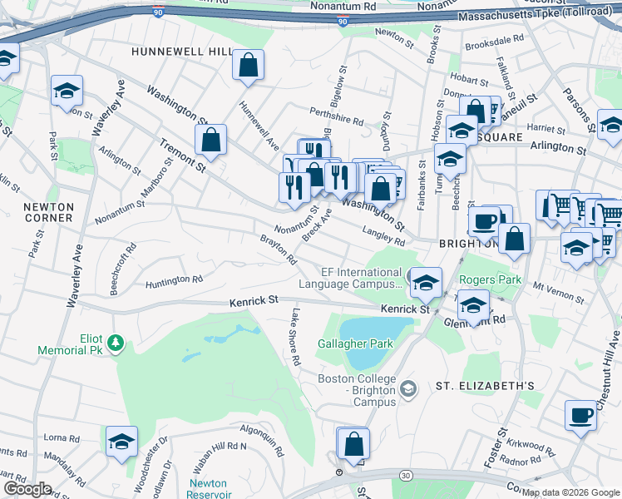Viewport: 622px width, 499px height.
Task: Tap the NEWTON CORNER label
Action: pos(48,212)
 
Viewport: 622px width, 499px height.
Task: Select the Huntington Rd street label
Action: pos(174,281)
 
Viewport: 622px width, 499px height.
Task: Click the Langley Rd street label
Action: pos(383,236)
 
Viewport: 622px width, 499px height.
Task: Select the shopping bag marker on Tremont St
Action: pos(211,140)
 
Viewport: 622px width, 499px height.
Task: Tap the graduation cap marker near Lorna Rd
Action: pos(121,442)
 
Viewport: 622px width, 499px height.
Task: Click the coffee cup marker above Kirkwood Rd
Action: pos(580,414)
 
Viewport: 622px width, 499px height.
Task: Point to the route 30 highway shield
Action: pos(404,474)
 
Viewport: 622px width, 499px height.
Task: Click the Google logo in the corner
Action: pos(27,489)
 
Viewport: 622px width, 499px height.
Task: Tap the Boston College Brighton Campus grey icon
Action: pos(408,388)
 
